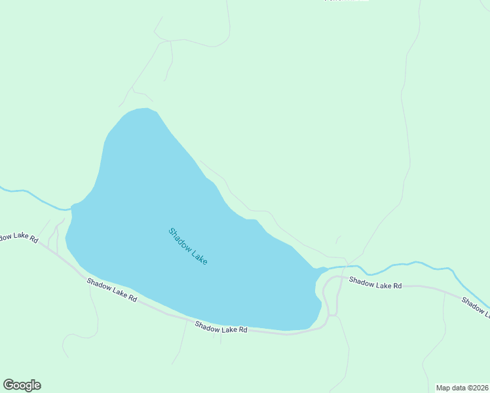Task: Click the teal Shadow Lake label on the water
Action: (188, 246)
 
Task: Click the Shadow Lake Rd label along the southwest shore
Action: (112, 289)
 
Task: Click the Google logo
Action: (22, 385)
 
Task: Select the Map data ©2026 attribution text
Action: (462, 388)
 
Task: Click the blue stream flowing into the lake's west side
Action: (36, 196)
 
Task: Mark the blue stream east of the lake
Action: (406, 265)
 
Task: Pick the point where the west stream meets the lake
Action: (71, 208)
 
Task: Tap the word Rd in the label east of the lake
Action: (395, 285)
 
